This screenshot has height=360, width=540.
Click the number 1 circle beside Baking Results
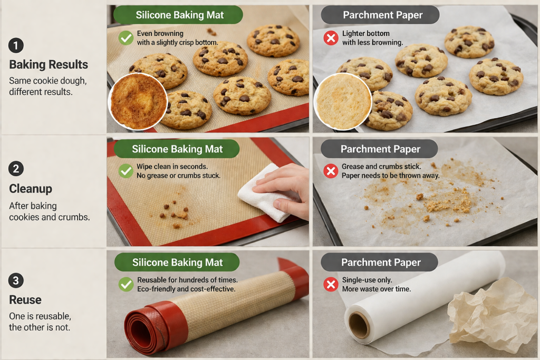(x=16, y=46)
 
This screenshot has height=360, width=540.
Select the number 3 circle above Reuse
(x=16, y=281)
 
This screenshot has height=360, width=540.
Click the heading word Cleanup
(x=31, y=189)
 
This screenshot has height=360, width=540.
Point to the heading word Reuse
(x=25, y=300)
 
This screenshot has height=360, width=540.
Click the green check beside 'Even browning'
(x=126, y=37)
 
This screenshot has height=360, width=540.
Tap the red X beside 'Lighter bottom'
(x=331, y=37)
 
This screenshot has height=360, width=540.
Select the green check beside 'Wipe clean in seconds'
(x=126, y=171)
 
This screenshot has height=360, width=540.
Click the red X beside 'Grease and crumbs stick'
(x=331, y=171)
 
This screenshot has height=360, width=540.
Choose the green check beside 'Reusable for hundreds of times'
(x=126, y=284)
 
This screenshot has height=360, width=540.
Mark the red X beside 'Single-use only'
(x=331, y=285)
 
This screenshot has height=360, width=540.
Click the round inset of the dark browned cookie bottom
(x=138, y=101)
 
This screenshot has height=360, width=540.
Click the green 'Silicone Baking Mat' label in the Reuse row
(x=177, y=262)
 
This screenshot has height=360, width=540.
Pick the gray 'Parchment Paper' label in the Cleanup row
(x=380, y=149)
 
